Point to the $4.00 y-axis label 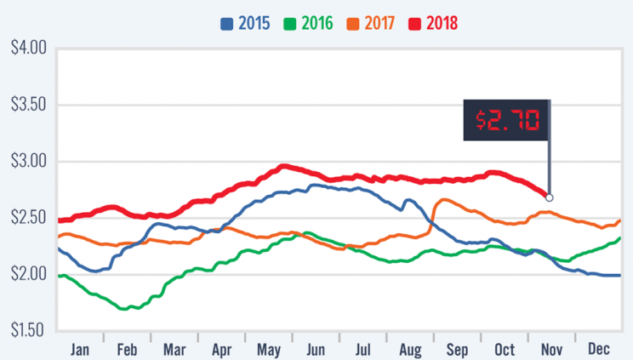(26, 49)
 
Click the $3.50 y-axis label (26, 105)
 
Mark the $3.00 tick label (26, 161)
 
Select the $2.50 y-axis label (26, 217)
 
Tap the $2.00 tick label (26, 273)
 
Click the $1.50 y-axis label (26, 329)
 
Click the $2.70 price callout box (507, 121)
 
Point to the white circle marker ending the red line (550, 197)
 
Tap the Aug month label (410, 349)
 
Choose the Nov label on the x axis (552, 349)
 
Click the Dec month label (600, 349)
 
